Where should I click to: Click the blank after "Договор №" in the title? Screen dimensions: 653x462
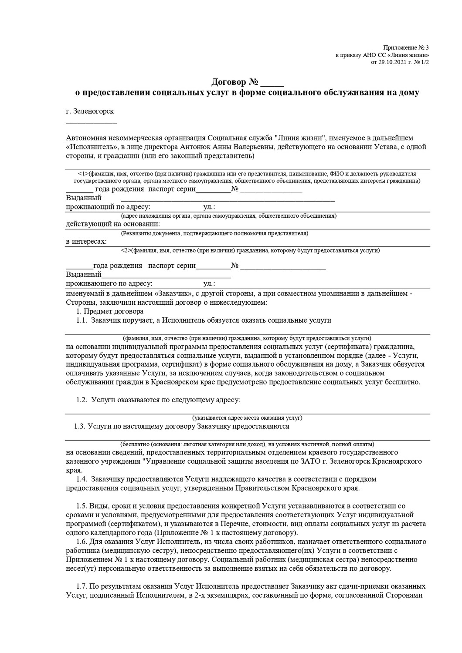pyautogui.click(x=273, y=83)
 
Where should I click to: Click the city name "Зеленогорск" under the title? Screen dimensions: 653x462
pyautogui.click(x=94, y=111)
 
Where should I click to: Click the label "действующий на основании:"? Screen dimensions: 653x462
pyautogui.click(x=112, y=224)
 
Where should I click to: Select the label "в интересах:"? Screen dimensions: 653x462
pyautogui.click(x=86, y=241)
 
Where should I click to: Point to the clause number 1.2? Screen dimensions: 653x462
pyautogui.click(x=82, y=400)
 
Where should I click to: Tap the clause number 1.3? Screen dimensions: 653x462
pyautogui.click(x=80, y=427)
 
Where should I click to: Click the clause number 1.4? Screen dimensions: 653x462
pyautogui.click(x=82, y=479)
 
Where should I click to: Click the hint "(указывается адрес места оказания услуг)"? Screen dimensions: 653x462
pyautogui.click(x=247, y=418)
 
